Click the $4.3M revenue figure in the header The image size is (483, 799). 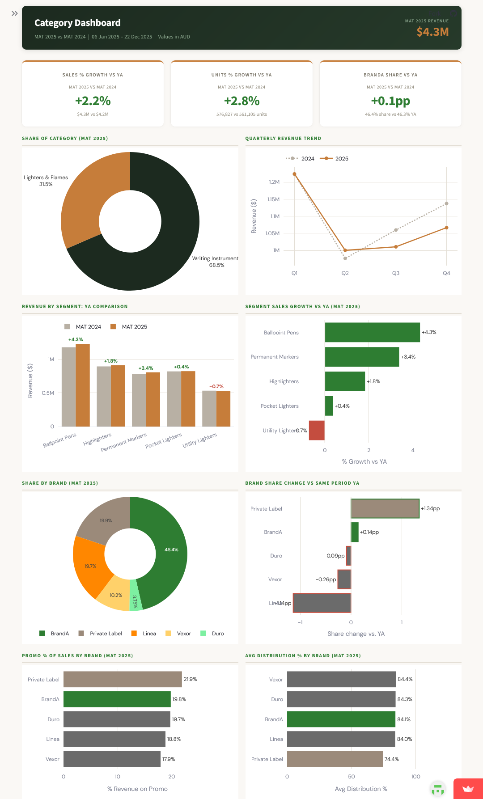[x=432, y=32]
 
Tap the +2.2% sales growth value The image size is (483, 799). [x=93, y=101]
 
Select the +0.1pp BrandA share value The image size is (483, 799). [x=390, y=101]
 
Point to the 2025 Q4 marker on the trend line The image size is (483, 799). [x=446, y=228]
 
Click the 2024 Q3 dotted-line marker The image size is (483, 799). [x=396, y=230]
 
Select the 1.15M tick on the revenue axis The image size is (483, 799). [x=273, y=199]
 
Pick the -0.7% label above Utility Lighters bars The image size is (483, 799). [x=216, y=386]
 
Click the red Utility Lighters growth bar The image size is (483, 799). [x=317, y=430]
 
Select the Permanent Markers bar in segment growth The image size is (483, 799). [x=362, y=357]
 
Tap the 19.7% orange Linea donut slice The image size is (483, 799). [x=89, y=566]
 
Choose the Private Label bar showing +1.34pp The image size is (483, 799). [x=385, y=508]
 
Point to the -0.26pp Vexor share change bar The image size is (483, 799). [x=344, y=579]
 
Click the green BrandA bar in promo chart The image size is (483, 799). [x=117, y=699]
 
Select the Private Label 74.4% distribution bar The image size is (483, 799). [x=335, y=759]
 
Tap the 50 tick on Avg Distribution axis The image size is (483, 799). [x=352, y=777]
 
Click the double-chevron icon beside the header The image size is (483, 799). [x=15, y=13]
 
